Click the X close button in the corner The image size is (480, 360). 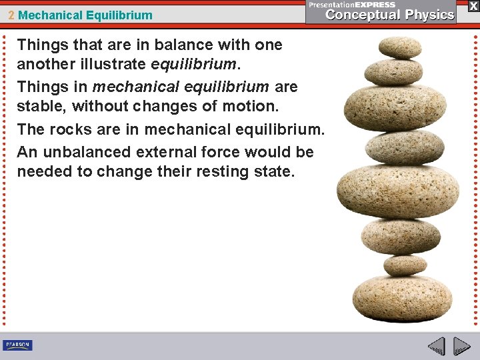(473, 5)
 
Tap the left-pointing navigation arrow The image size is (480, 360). (437, 347)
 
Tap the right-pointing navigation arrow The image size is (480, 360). (462, 347)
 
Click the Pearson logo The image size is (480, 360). (17, 345)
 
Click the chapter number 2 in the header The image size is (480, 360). (12, 15)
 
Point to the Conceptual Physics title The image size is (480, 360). (390, 15)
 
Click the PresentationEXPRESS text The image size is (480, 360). (353, 4)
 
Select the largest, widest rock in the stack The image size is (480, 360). (397, 189)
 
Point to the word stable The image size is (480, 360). (41, 106)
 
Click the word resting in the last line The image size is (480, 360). (217, 171)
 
